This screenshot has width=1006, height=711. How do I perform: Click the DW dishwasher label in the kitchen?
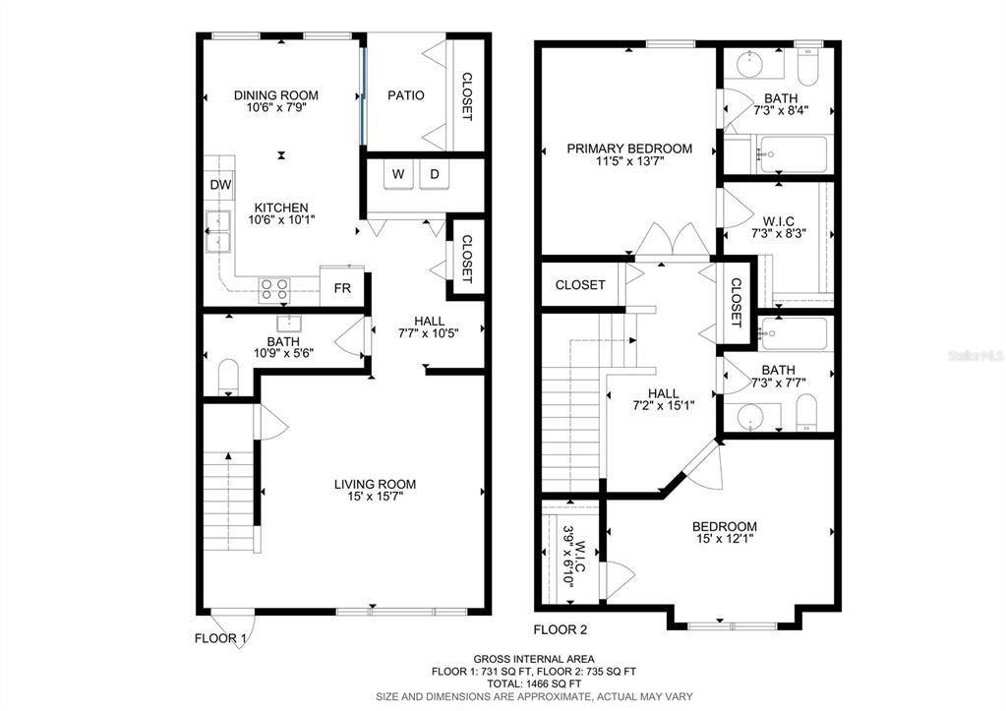point(220,186)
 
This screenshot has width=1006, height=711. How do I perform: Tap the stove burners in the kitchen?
point(274,289)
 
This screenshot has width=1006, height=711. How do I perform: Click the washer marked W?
point(398,174)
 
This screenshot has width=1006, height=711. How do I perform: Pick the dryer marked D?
point(435,174)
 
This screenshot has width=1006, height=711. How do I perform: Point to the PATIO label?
point(405,95)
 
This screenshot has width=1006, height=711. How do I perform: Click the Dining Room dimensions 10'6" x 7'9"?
point(276,107)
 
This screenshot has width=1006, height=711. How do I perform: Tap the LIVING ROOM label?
point(375,484)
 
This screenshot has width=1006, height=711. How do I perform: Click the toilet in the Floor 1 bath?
point(228,378)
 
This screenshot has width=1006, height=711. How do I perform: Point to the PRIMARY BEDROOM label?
point(629,148)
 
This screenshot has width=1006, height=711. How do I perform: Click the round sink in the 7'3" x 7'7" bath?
point(748,418)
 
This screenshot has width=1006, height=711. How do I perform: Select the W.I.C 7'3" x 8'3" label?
point(778,228)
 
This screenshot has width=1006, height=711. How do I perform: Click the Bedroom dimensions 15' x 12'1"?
point(725,539)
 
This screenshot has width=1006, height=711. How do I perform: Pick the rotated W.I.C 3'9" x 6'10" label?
point(574,555)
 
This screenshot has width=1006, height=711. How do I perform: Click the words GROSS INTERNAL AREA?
point(534,659)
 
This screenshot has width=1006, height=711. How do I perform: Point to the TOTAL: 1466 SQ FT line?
point(534,684)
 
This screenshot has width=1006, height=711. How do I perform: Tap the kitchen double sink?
point(218,232)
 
